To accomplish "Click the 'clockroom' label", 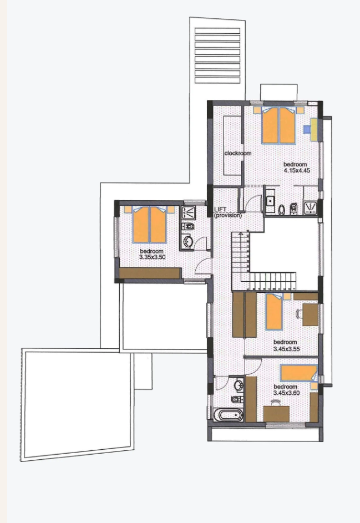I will [x=237, y=153].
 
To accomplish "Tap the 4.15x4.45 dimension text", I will [x=295, y=171].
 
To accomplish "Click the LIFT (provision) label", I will [x=227, y=212].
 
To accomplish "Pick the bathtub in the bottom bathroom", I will [x=228, y=414].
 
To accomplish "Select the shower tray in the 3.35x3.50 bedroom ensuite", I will [x=188, y=211].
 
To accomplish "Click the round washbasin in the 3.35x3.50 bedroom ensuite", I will [x=188, y=241].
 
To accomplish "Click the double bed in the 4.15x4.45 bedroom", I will [x=279, y=125].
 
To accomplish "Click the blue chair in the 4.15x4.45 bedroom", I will [x=306, y=129].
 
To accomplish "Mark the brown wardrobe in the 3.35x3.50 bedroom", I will [x=150, y=273].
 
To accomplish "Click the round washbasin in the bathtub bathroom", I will [x=239, y=384].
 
